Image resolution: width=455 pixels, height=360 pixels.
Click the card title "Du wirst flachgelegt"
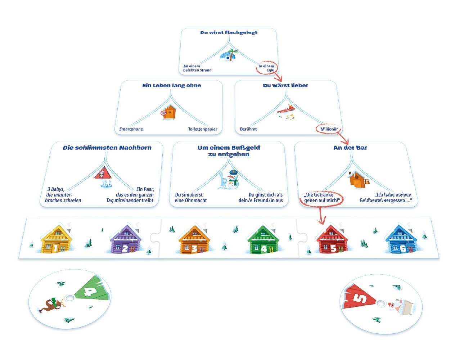point(229,32)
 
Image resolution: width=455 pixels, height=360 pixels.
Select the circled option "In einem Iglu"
point(266,68)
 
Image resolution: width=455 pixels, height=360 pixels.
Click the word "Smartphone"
point(131,129)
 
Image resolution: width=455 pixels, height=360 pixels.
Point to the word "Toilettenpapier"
point(203,129)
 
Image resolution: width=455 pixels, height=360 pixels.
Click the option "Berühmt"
point(248,129)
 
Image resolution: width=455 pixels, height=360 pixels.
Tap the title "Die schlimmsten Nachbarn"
point(107,148)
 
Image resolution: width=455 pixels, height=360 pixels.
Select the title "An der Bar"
point(350,148)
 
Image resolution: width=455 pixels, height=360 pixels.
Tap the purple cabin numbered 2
point(123,240)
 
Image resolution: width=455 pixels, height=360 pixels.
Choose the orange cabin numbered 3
point(193,240)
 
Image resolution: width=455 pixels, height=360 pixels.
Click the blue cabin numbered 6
point(401,240)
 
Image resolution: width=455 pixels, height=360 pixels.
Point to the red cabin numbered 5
point(332,239)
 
